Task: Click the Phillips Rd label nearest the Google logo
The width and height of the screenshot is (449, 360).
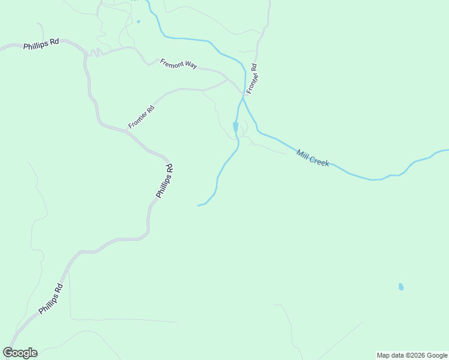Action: click(x=50, y=299)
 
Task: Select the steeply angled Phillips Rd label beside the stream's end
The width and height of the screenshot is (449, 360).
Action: click(x=164, y=181)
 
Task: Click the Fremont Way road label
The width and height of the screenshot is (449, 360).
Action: click(x=178, y=64)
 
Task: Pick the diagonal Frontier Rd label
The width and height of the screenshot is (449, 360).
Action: click(x=141, y=117)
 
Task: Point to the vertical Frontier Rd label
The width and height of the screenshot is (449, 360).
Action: click(x=252, y=79)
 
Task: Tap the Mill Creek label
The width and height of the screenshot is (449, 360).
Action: click(x=313, y=158)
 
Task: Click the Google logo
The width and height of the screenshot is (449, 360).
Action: click(x=20, y=353)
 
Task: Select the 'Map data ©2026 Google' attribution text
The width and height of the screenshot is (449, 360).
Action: click(x=412, y=355)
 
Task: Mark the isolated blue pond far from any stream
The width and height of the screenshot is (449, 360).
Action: click(x=401, y=287)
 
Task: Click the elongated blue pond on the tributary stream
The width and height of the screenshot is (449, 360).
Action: click(x=235, y=127)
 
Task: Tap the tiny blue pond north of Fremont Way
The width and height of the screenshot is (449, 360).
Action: click(x=138, y=22)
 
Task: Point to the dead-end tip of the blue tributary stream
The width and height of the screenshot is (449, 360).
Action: click(x=198, y=206)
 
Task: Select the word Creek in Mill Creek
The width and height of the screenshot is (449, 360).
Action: click(x=319, y=160)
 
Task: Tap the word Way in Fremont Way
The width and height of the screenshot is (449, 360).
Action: click(x=190, y=66)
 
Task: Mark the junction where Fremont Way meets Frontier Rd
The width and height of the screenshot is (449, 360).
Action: click(x=228, y=79)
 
